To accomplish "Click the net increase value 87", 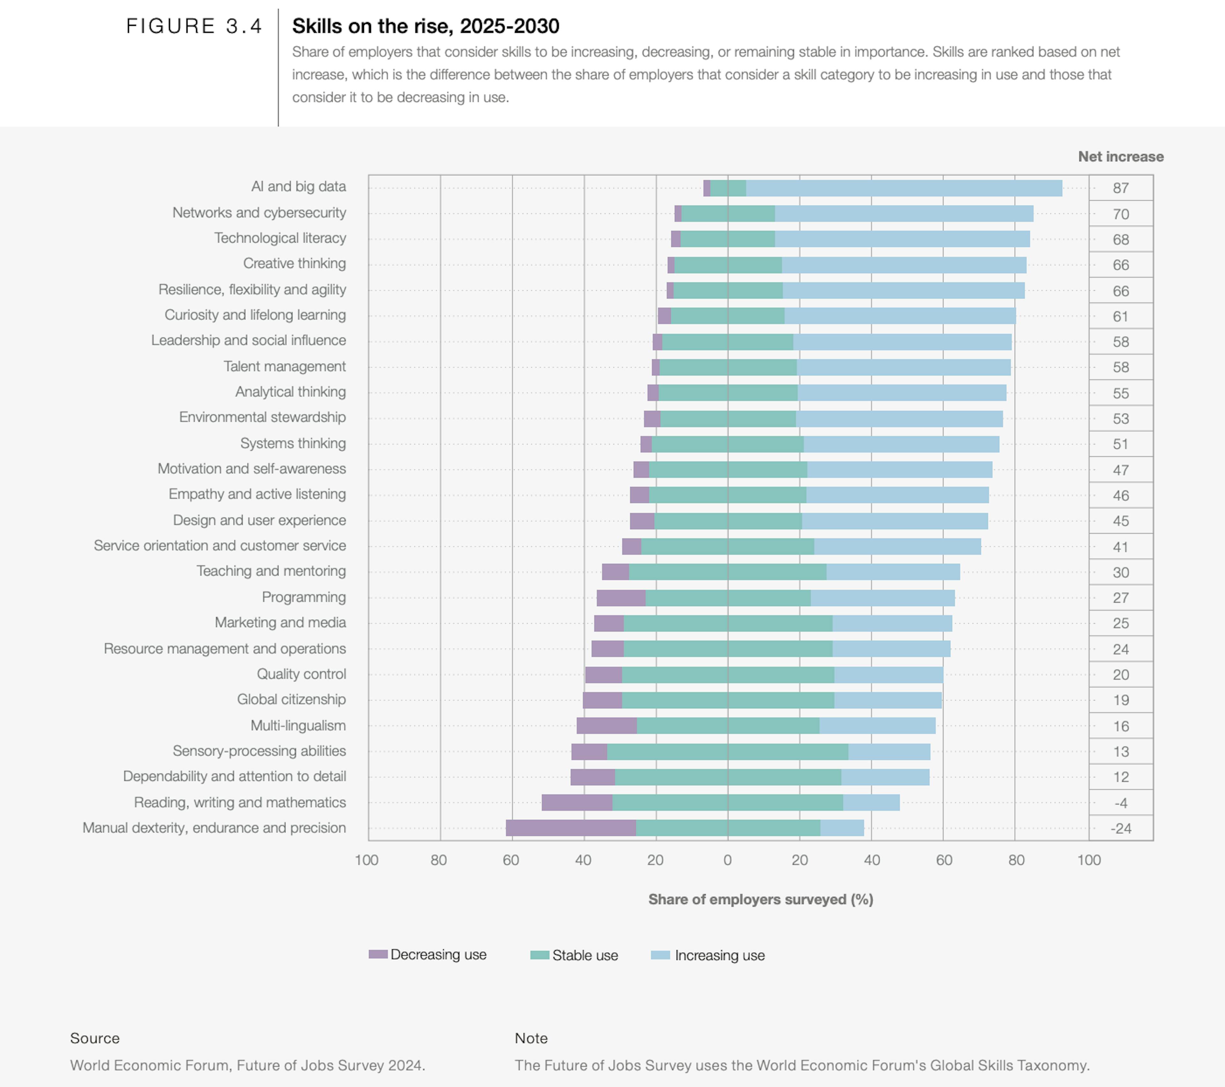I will (1120, 188).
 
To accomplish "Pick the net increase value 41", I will (1120, 547).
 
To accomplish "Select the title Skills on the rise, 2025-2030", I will (426, 26).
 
